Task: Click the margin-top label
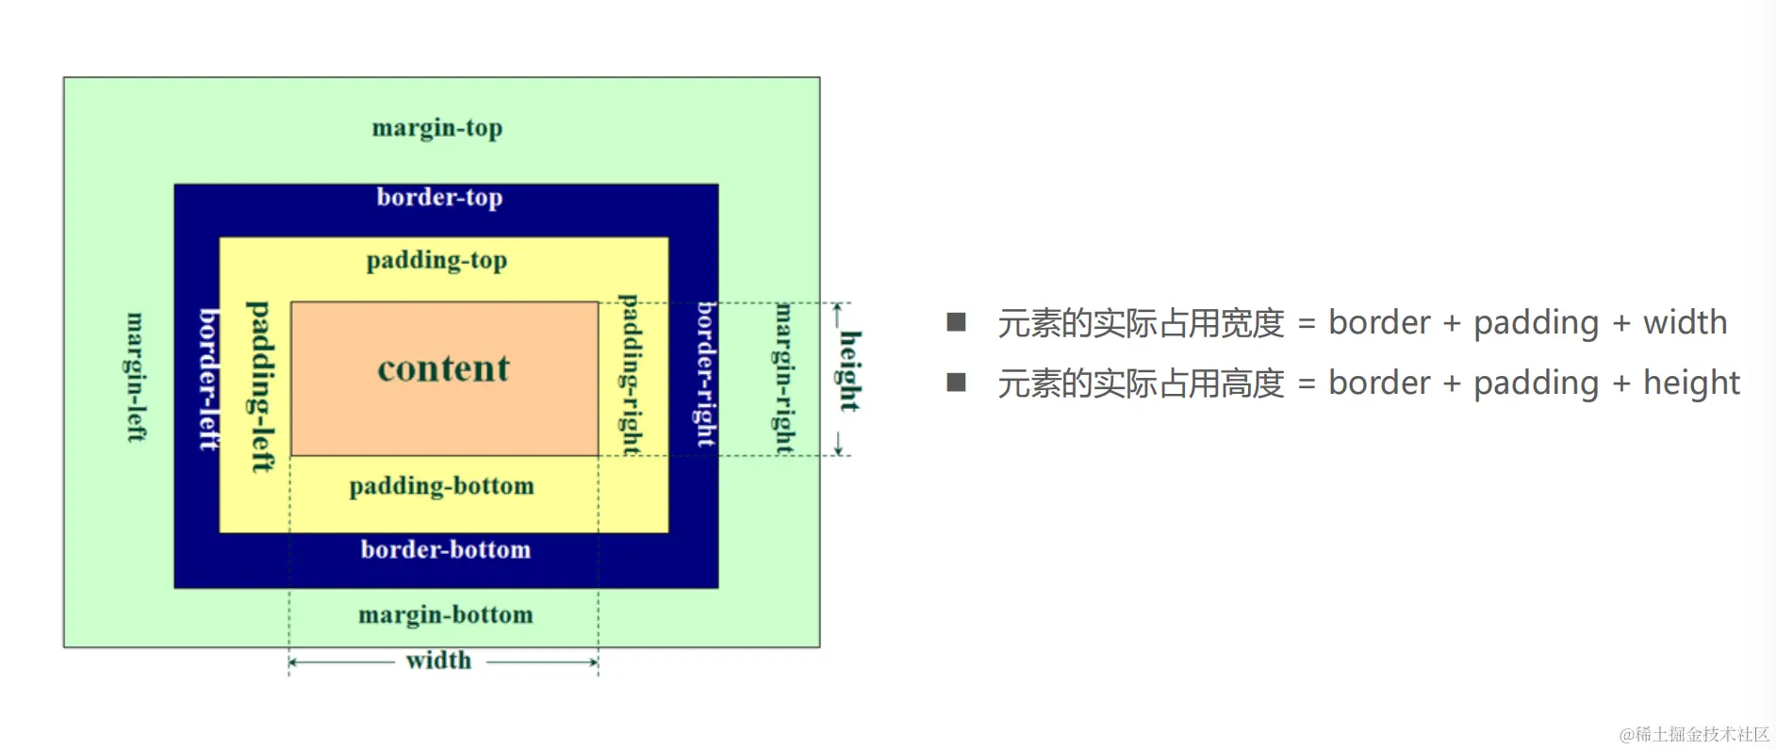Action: pos(437,127)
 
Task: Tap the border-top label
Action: pos(439,197)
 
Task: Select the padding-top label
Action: pos(436,260)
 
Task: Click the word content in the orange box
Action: pos(443,368)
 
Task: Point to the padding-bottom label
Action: pos(441,486)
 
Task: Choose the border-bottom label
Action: pos(445,549)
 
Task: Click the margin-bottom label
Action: pos(445,614)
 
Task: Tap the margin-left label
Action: pos(136,377)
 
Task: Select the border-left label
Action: pos(208,379)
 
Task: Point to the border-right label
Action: pos(706,374)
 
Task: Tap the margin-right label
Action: pos(783,378)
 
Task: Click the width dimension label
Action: pos(438,660)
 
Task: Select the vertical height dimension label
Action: pos(849,370)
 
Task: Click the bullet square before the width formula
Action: pos(956,322)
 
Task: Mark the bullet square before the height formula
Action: pos(956,382)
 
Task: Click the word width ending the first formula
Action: pos(1685,322)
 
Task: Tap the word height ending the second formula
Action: pos(1691,383)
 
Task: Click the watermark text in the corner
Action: pos(1694,734)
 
